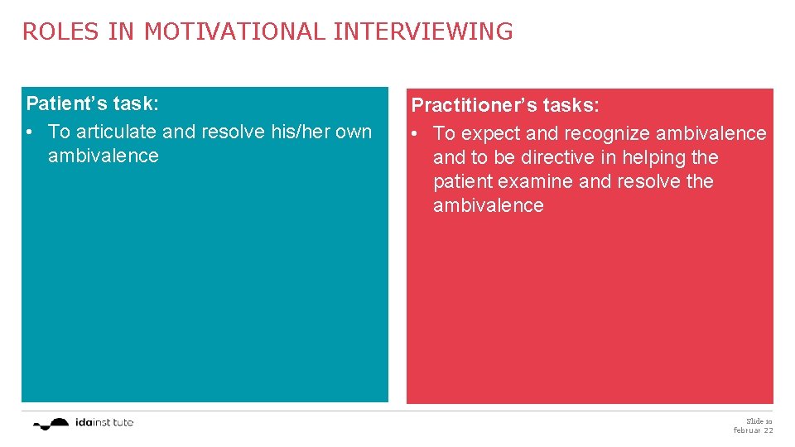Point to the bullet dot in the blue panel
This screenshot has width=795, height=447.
(x=31, y=132)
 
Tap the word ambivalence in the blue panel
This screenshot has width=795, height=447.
(x=103, y=156)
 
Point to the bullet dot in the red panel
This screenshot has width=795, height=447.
(x=416, y=134)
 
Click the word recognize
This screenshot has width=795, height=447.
(x=606, y=133)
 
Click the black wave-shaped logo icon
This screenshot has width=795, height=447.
(x=51, y=423)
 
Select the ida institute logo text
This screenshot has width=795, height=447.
(x=103, y=422)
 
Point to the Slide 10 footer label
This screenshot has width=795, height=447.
(x=759, y=421)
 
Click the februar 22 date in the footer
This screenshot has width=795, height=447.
(x=753, y=430)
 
